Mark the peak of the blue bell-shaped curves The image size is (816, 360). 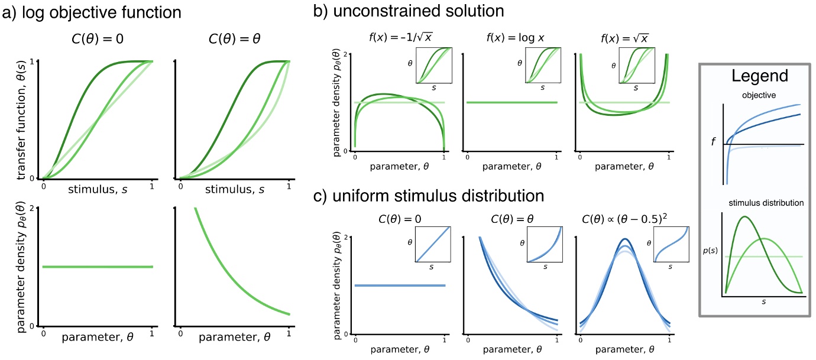pos(624,240)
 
